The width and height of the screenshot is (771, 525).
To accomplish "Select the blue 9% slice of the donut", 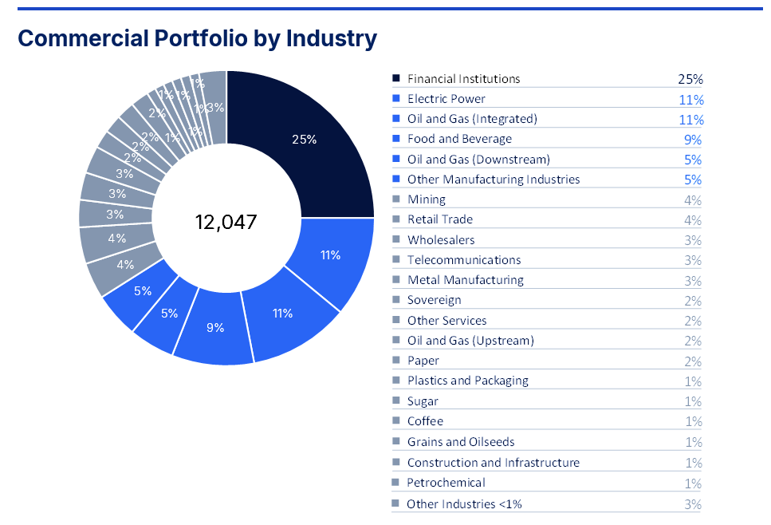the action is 215,327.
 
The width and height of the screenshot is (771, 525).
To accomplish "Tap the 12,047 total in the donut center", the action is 226,222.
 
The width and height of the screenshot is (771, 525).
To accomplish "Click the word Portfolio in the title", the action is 201,38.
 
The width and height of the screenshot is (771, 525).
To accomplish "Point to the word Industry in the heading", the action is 332,39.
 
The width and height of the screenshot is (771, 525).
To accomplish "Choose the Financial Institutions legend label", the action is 464,79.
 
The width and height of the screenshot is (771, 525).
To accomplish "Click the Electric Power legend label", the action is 446,99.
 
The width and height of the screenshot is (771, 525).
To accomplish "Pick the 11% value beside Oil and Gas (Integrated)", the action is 691,120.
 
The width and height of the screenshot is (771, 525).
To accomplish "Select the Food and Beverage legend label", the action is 460,139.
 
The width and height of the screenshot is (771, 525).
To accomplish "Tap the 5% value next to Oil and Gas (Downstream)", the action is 693,160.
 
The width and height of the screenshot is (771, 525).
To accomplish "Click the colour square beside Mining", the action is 396,199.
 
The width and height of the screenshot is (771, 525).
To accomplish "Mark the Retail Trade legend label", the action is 440,219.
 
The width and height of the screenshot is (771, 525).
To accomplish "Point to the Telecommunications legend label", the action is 464,260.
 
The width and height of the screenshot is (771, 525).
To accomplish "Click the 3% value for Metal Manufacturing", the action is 693,281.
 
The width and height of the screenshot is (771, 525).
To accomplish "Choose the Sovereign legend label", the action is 435,300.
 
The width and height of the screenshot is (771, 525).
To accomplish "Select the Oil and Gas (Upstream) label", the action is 470,341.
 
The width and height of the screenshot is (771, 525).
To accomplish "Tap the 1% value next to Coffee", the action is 694,421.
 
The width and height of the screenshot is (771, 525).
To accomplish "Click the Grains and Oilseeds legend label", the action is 461,442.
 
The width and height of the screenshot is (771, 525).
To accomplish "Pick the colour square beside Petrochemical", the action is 395,482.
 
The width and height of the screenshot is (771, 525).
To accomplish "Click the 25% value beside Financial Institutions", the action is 690,79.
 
